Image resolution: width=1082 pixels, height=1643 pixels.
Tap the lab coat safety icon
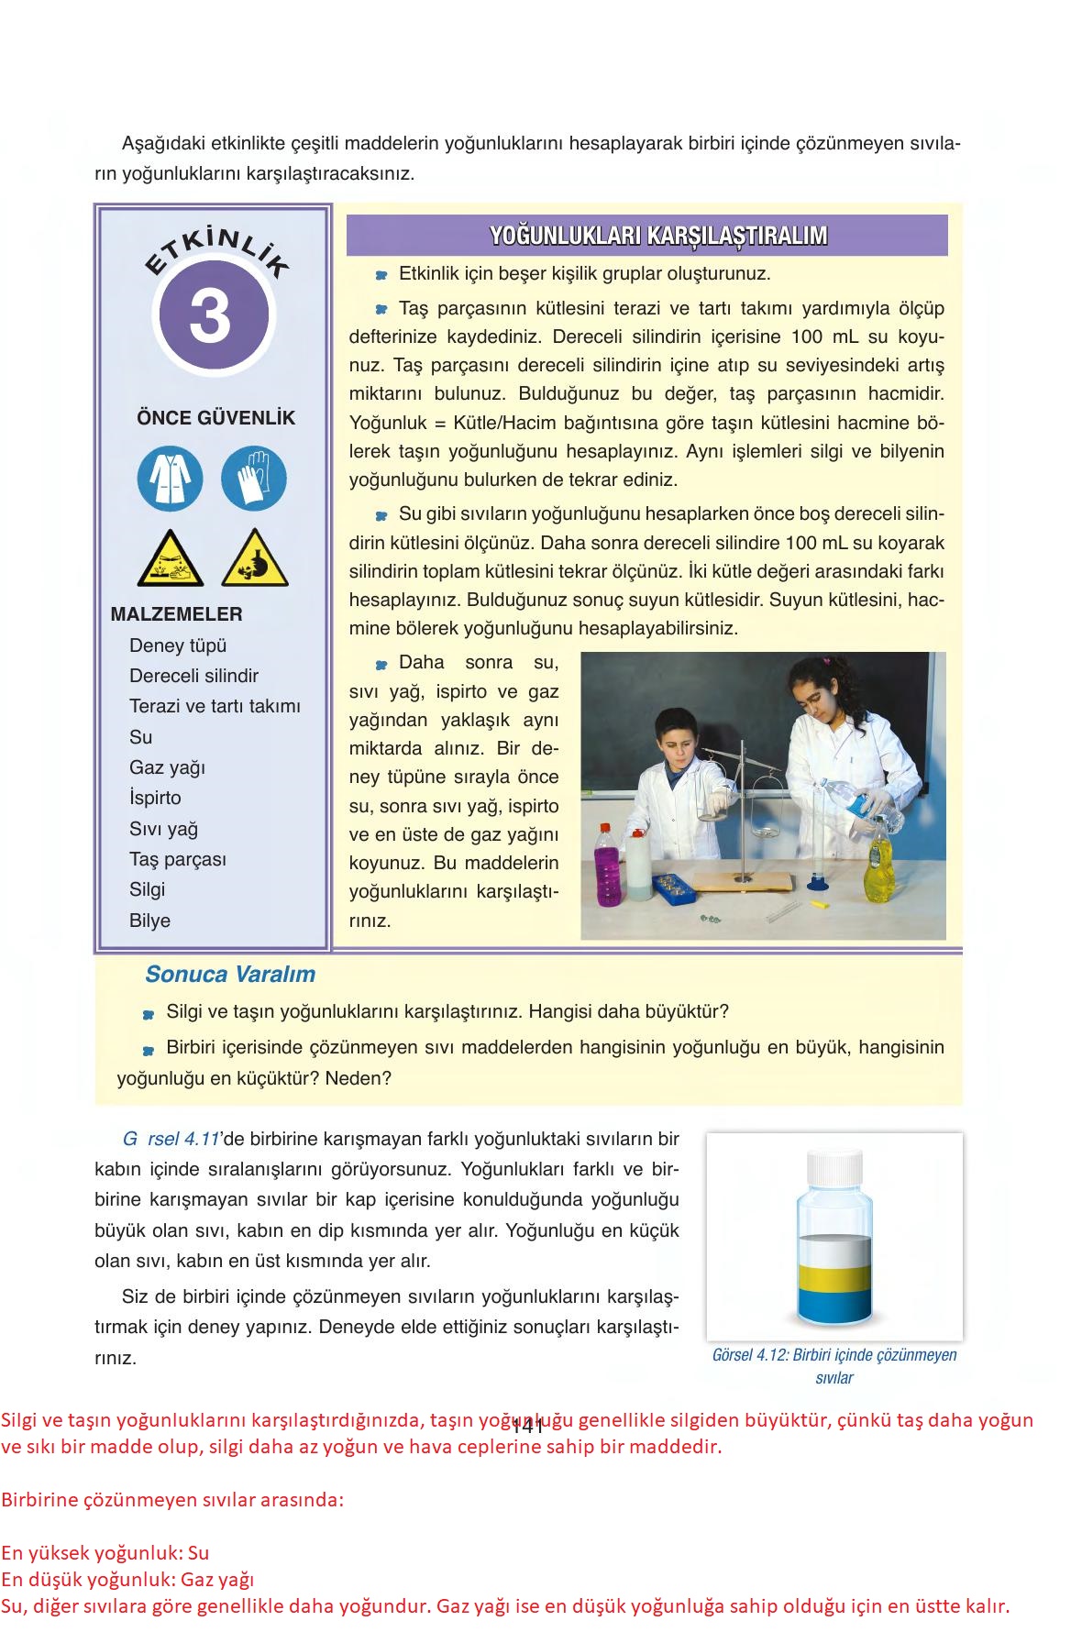pos(170,478)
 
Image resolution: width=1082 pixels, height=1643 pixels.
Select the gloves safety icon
pos(254,478)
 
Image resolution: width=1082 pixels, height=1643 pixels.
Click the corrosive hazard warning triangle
pos(170,560)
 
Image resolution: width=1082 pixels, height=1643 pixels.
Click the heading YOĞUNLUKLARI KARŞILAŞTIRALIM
pos(657,236)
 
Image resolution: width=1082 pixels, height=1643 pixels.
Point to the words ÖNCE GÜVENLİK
pos(215,418)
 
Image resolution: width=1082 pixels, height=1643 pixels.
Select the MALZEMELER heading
pos(176,614)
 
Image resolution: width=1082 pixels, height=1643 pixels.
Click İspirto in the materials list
pos(155,798)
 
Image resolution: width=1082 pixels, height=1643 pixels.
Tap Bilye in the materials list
pos(149,921)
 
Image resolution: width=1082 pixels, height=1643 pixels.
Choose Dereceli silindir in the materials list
pos(193,676)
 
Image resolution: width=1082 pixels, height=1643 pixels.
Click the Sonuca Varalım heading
pos(229,975)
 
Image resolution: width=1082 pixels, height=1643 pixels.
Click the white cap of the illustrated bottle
pos(834,1166)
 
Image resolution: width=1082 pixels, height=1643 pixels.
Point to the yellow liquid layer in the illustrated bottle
pos(834,1276)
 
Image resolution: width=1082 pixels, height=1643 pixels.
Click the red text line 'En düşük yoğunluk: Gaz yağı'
pos(127,1579)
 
